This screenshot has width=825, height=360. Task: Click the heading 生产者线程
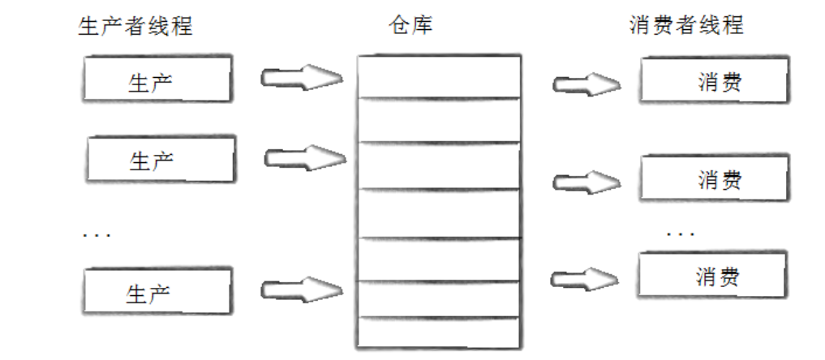[x=135, y=26]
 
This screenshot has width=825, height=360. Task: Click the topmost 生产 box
[x=157, y=80]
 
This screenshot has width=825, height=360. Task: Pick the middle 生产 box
[x=160, y=160]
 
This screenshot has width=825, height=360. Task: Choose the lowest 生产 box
[x=157, y=291]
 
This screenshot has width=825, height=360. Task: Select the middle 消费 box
[x=714, y=178]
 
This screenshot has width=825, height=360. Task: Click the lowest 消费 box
[x=711, y=276]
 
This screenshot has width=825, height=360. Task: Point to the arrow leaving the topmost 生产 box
[x=301, y=78]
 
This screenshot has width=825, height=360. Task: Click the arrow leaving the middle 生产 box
[x=304, y=156]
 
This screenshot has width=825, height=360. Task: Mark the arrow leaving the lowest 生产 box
[x=301, y=288]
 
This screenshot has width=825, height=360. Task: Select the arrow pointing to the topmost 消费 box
[x=587, y=84]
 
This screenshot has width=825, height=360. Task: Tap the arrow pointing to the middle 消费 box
[x=587, y=182]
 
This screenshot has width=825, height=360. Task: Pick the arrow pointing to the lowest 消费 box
[x=585, y=279]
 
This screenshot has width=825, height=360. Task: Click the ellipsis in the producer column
[x=97, y=234]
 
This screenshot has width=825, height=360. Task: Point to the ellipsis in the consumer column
[x=680, y=234]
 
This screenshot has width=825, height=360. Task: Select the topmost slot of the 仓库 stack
[x=437, y=77]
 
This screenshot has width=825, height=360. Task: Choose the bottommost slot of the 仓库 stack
[x=437, y=332]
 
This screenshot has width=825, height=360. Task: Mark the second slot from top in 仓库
[x=437, y=119]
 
